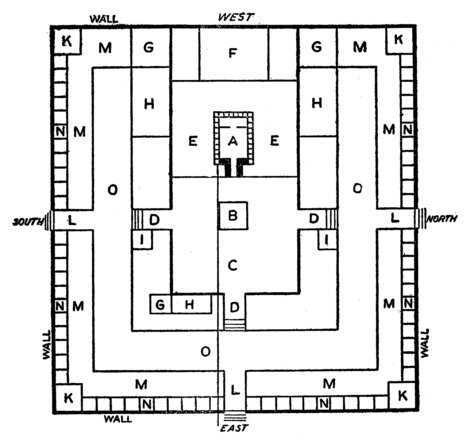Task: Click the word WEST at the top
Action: pos(236,17)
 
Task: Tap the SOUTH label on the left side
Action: pos(27,222)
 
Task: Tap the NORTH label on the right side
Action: pos(441,219)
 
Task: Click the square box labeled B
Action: pos(233,216)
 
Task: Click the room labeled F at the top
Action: pos(233,54)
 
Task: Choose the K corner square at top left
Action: pos(67,41)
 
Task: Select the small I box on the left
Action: pos(142,240)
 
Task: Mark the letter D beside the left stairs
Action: pos(154,220)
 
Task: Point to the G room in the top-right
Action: pos(317,47)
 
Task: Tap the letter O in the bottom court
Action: pos(205,352)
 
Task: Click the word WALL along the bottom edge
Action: pos(118,419)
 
